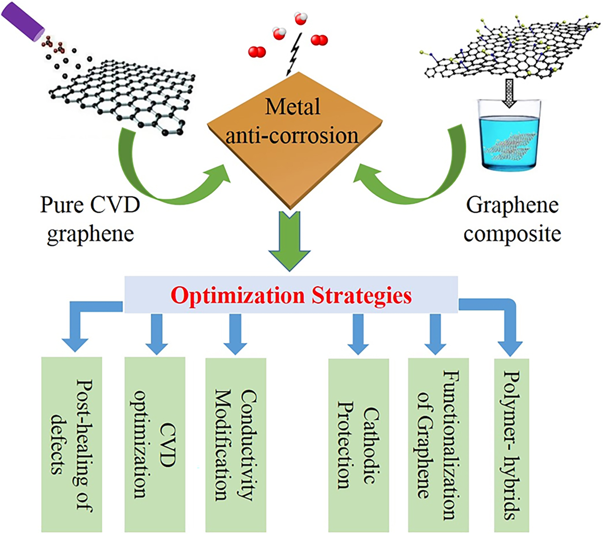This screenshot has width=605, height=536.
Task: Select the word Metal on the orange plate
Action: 293,107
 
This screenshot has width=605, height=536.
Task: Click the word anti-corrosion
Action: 292,136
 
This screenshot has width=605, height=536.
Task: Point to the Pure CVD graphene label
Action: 90,219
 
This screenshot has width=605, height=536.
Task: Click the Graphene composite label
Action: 512,219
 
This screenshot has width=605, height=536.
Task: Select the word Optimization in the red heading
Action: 237,296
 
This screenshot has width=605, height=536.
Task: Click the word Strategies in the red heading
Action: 362,296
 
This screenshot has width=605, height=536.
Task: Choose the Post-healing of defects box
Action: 72,444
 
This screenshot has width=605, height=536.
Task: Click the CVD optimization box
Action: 155,444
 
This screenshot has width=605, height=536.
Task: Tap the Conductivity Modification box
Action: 236,444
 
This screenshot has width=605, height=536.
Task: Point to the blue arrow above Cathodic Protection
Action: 358,334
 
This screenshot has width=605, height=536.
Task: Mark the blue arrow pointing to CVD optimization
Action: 156,334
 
